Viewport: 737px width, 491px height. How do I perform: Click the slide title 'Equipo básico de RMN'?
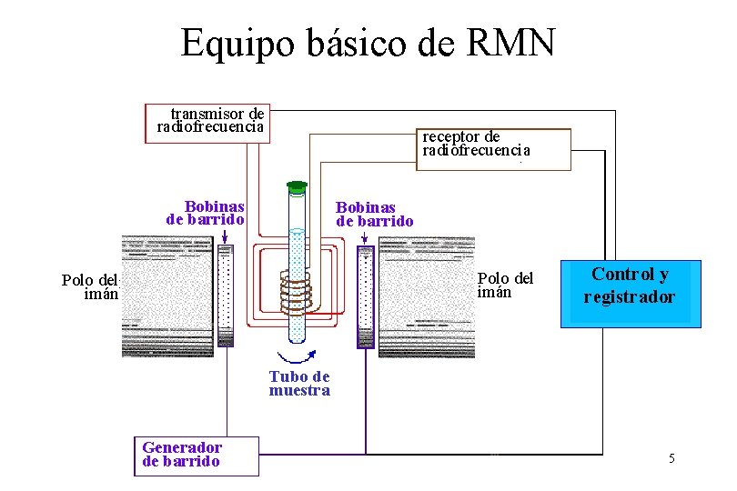(x=368, y=43)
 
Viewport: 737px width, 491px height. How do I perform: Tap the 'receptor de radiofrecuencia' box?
(x=494, y=149)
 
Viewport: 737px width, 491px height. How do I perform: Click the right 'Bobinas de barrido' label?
(x=374, y=215)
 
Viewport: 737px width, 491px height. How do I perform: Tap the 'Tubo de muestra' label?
(x=299, y=384)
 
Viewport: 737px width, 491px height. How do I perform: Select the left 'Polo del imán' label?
(x=90, y=286)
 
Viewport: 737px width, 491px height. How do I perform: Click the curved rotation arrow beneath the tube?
(x=296, y=356)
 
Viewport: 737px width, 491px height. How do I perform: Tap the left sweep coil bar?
(x=226, y=296)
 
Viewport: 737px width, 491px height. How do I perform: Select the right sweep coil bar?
(x=365, y=296)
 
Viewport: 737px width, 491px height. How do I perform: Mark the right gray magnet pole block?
(x=426, y=296)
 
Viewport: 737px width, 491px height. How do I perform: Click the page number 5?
(x=671, y=458)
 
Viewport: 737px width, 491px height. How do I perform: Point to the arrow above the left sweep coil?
(x=225, y=235)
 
